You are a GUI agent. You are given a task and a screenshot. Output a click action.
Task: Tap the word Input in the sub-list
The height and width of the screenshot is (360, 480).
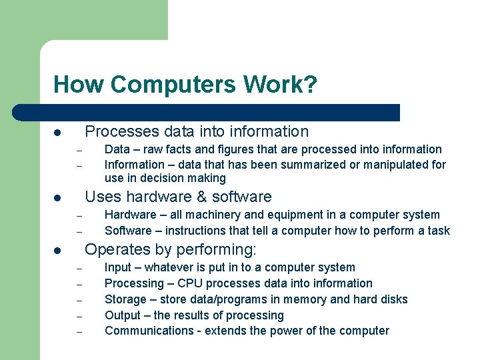click(118, 267)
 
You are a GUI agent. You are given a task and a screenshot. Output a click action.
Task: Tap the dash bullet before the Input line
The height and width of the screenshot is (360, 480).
click(78, 269)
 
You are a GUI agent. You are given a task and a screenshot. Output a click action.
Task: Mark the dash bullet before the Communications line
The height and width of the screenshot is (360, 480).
click(78, 332)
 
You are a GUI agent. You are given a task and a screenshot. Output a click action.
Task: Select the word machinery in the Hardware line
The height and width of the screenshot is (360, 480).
click(206, 215)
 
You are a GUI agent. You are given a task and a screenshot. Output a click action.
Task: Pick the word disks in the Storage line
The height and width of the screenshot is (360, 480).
click(393, 299)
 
